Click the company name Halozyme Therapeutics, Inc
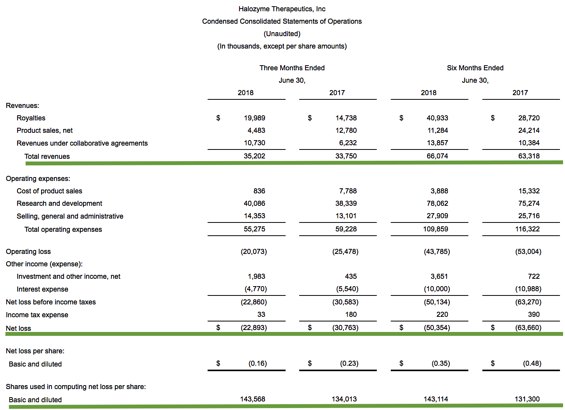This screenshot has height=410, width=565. point(282,9)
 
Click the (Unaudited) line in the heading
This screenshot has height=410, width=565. point(282,34)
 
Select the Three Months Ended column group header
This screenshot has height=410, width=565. point(292,68)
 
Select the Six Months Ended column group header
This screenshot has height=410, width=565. point(475,68)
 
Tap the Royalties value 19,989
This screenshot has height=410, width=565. point(255,118)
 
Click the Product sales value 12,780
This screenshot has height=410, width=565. point(346,130)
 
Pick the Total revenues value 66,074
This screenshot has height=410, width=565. point(437,156)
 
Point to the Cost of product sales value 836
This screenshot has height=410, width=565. point(259,191)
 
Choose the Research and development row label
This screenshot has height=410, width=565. point(59,203)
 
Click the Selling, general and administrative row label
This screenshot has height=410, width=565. point(70,216)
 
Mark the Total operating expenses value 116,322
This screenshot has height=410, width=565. point(527,229)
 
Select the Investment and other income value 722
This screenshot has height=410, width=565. point(534,276)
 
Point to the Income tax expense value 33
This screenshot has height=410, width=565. point(261,314)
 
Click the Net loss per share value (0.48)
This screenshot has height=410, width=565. point(532,363)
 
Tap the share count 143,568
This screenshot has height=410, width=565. point(253,399)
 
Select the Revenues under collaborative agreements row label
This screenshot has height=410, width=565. point(82,143)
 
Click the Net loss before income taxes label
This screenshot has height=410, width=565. point(51,302)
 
